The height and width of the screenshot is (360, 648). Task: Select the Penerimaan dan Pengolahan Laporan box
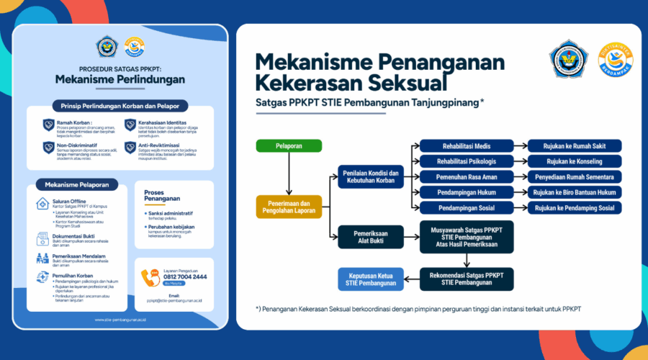(x=288, y=207)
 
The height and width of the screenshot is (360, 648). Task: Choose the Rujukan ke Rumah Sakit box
(x=574, y=146)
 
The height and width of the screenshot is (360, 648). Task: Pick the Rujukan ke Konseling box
(x=574, y=161)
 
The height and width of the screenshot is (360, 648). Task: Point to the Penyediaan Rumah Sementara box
(x=574, y=177)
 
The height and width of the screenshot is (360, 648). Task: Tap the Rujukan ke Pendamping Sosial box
(x=574, y=208)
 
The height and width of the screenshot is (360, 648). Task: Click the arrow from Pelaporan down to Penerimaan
(x=288, y=173)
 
